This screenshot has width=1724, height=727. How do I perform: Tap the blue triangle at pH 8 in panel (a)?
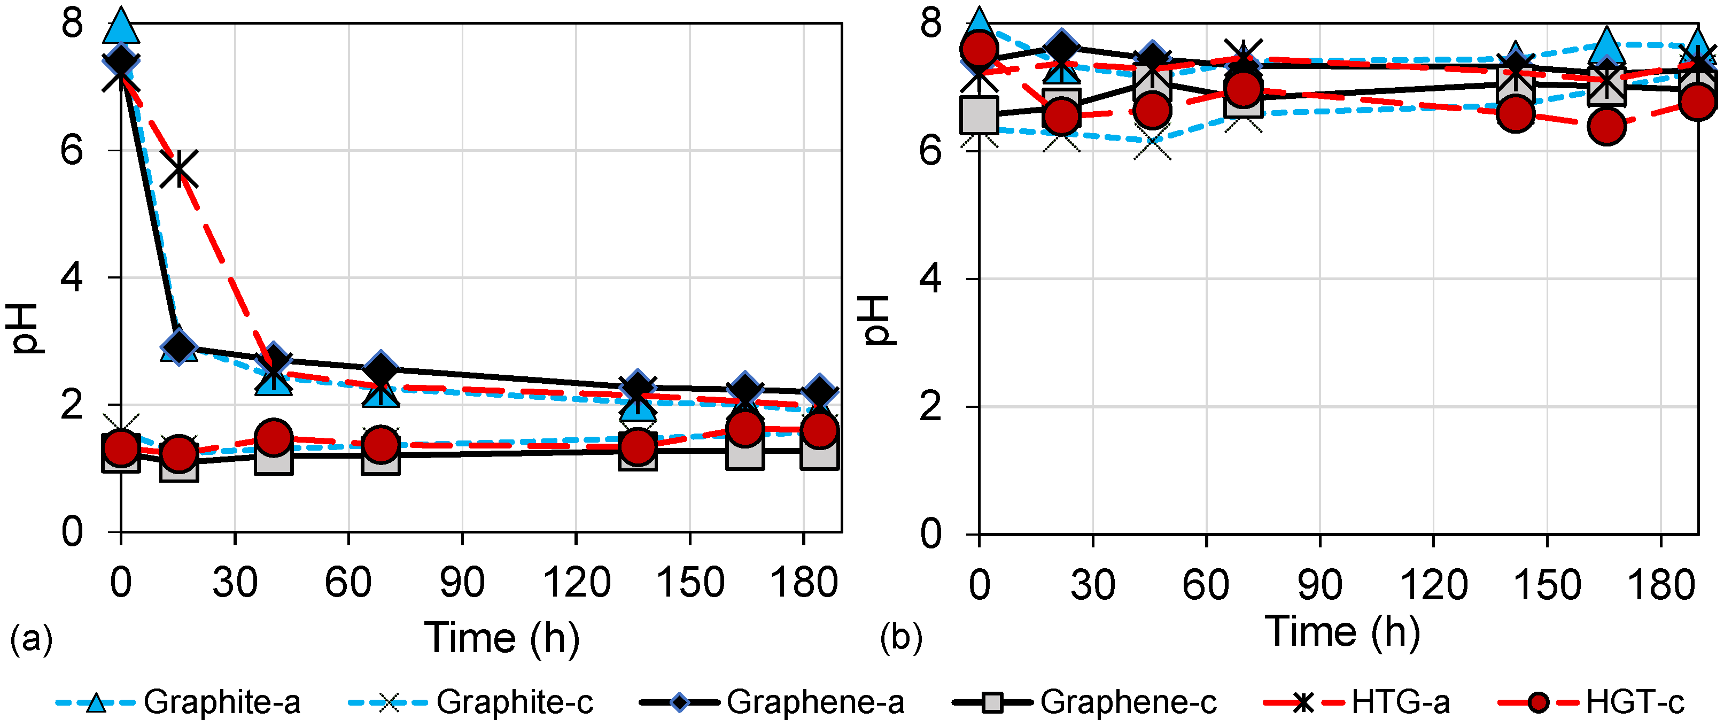point(121,27)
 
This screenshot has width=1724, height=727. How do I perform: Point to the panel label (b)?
point(901,637)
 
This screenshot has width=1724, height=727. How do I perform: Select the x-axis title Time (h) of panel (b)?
point(1342,631)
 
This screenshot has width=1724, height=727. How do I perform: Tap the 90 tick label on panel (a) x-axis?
point(462,583)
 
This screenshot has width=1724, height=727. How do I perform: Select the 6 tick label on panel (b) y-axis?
point(930,150)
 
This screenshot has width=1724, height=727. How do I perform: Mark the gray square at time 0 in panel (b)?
point(979,114)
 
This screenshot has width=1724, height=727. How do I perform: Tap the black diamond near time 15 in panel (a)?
point(178,347)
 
